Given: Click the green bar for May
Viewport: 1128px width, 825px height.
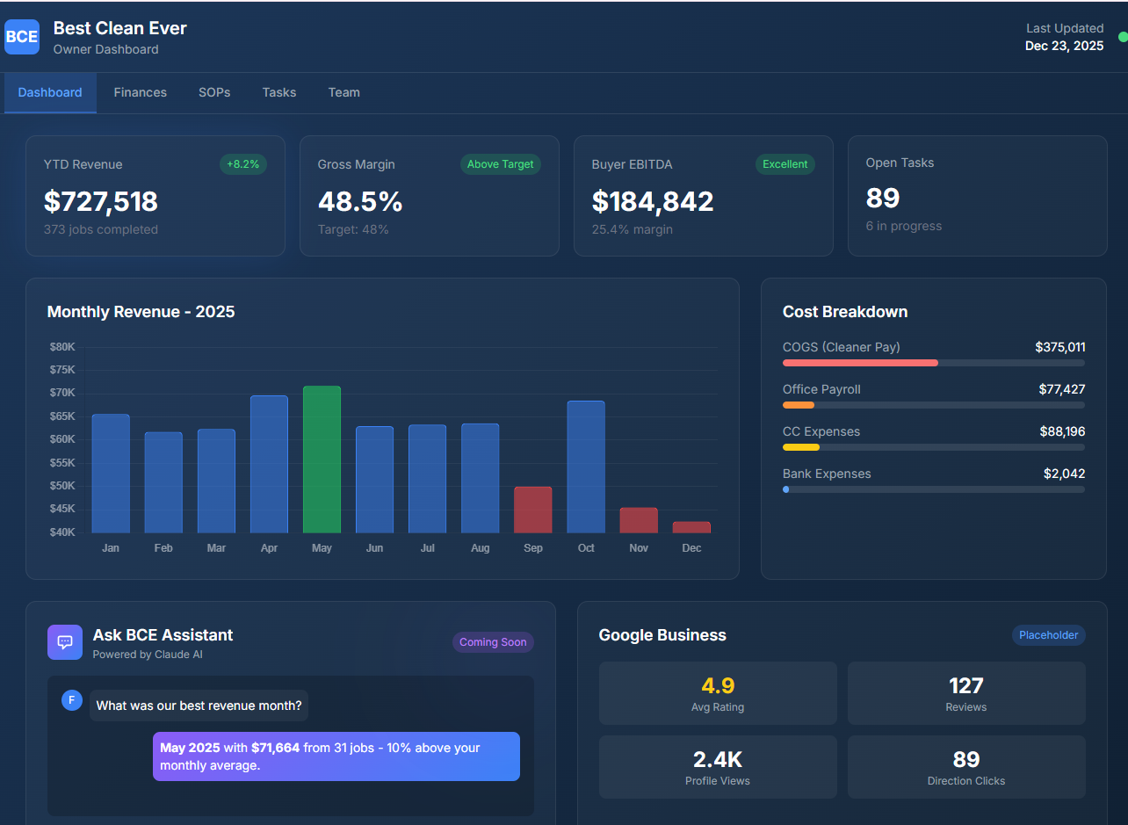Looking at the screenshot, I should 322,460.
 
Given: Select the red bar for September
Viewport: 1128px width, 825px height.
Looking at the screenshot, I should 532,510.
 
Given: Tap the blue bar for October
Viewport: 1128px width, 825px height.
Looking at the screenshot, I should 586,467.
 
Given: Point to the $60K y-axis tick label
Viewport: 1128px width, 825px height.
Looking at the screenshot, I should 62,439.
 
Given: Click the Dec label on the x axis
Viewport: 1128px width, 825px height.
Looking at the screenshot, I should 691,548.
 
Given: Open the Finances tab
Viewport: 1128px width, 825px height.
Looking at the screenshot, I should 140,92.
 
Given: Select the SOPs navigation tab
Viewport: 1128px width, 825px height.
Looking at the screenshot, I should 214,92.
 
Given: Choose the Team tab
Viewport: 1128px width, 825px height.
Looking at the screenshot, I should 343,92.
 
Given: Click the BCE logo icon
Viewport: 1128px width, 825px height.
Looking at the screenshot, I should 22,37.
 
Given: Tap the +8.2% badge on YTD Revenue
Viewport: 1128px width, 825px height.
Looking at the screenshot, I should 242,164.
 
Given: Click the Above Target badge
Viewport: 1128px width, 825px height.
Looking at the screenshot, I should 500,164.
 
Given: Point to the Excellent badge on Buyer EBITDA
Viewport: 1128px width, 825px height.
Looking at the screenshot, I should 785,164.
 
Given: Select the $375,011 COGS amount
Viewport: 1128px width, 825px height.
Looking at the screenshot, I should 1059,347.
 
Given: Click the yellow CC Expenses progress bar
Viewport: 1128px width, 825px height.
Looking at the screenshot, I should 801,447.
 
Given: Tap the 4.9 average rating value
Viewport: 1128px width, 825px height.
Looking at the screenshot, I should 718,686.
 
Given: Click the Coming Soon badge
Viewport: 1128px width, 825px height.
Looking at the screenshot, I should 493,642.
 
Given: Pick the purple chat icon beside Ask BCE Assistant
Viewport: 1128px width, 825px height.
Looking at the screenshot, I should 65,642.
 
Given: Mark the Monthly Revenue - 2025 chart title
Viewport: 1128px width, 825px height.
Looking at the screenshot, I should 141,312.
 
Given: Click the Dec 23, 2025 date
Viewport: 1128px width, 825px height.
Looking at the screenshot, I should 1064,46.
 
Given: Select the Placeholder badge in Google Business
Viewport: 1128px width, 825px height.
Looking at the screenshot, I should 1048,635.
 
